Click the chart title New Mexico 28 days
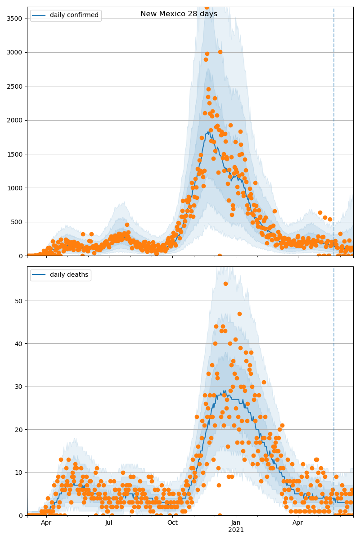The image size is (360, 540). pyautogui.click(x=179, y=14)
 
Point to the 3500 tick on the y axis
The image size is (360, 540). pyautogui.click(x=16, y=18)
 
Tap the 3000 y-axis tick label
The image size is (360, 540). pyautogui.click(x=16, y=52)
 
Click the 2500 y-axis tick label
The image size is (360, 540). pyautogui.click(x=16, y=86)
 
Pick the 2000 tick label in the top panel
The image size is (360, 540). pyautogui.click(x=16, y=120)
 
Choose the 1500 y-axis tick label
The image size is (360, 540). pyautogui.click(x=16, y=154)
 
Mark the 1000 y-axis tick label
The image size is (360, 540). pyautogui.click(x=16, y=188)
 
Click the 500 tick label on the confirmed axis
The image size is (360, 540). pyautogui.click(x=18, y=222)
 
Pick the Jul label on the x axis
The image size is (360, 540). pyautogui.click(x=109, y=523)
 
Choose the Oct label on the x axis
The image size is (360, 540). pyautogui.click(x=172, y=523)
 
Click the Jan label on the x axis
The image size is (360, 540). pyautogui.click(x=236, y=523)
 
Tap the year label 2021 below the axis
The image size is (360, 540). pyautogui.click(x=236, y=530)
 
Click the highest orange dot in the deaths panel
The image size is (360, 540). pyautogui.click(x=225, y=283)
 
